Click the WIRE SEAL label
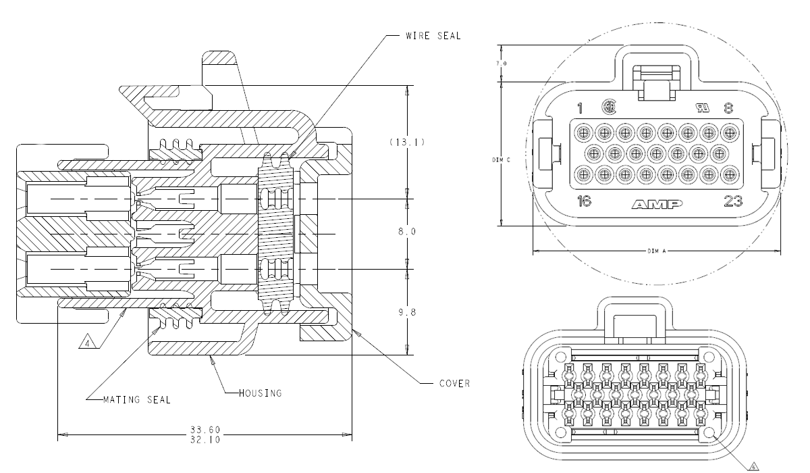click(x=433, y=36)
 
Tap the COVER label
click(x=454, y=383)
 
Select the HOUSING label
click(x=260, y=393)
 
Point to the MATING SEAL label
click(x=137, y=399)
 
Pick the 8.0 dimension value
click(x=406, y=231)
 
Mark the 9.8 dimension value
click(x=406, y=312)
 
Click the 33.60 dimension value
click(x=206, y=430)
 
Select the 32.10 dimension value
click(x=206, y=439)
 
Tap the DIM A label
click(x=656, y=251)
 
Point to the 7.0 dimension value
click(x=502, y=64)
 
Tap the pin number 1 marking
click(x=579, y=108)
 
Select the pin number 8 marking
click(x=728, y=107)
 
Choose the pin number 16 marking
click(x=585, y=201)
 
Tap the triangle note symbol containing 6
click(x=754, y=464)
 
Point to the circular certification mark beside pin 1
click(x=608, y=107)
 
